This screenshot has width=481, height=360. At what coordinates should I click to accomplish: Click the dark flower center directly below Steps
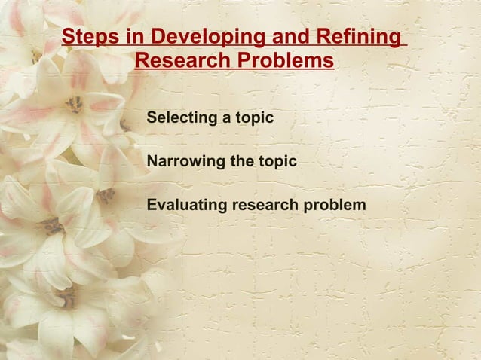tap(75, 104)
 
